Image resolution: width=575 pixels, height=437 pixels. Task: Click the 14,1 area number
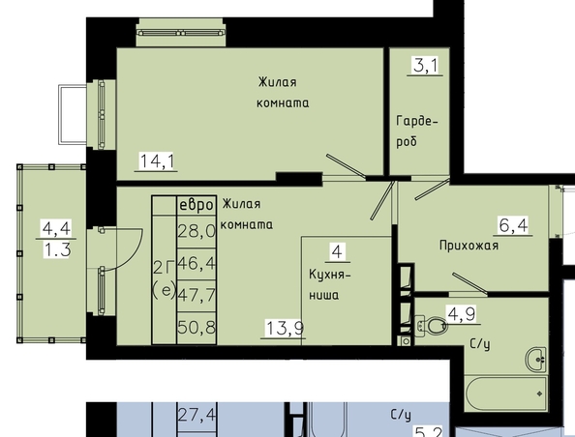click(x=157, y=161)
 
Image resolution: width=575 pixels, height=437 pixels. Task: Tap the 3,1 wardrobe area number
click(x=425, y=66)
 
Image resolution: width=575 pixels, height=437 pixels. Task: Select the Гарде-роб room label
click(x=417, y=131)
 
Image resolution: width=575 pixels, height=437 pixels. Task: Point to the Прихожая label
click(x=469, y=246)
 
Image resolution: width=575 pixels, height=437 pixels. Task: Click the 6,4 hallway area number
click(x=513, y=225)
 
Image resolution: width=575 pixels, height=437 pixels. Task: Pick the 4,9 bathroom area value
click(x=462, y=314)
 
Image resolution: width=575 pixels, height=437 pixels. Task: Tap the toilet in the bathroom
click(x=431, y=326)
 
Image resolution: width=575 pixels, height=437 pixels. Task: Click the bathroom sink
click(x=536, y=360)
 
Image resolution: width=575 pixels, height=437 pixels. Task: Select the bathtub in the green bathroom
click(x=506, y=393)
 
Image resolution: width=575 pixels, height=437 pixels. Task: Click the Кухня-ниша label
click(x=329, y=284)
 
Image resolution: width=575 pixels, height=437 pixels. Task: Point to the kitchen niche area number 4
click(x=337, y=252)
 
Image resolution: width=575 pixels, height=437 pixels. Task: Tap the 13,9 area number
click(x=285, y=328)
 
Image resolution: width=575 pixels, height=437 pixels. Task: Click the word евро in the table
click(x=197, y=205)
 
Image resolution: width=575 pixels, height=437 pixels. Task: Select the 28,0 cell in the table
click(x=197, y=231)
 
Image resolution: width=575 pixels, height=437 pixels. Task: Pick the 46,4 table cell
click(x=197, y=263)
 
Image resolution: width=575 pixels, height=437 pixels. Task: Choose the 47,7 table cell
click(x=197, y=295)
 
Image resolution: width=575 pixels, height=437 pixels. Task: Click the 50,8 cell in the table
click(x=197, y=327)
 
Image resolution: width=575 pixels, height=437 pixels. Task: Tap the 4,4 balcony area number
click(x=56, y=228)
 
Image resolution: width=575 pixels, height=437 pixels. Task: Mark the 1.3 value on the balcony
click(x=57, y=250)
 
